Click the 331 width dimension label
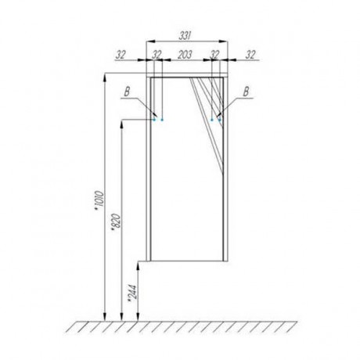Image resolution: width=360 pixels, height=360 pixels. [185, 36]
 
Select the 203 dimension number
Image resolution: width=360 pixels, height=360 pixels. [185, 55]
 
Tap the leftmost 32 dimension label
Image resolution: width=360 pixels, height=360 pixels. [121, 55]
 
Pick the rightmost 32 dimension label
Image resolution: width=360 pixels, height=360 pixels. [250, 55]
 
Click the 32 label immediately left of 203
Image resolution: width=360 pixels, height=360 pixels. [157, 55]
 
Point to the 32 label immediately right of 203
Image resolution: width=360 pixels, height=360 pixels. [214, 55]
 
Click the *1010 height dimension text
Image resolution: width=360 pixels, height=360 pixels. [100, 201]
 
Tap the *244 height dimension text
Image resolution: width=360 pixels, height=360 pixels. [133, 293]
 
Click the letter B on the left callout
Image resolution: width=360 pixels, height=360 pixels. [127, 92]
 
